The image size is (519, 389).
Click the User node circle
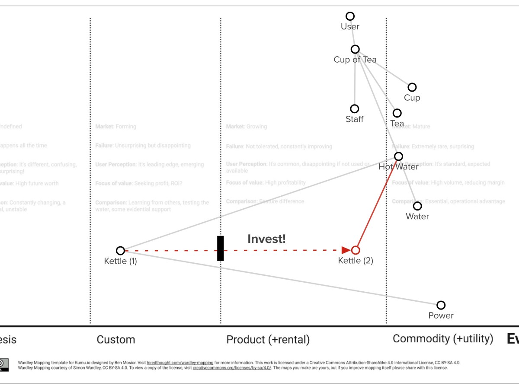pyautogui.click(x=350, y=16)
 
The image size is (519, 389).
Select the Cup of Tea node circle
pyautogui.click(x=355, y=49)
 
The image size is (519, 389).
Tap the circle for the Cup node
pyautogui.click(x=412, y=87)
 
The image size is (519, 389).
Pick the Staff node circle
pyautogui.click(x=355, y=109)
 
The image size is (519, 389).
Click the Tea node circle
pyautogui.click(x=397, y=113)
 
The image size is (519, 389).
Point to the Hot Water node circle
pyautogui.click(x=399, y=156)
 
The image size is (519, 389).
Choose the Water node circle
pyautogui.click(x=417, y=206)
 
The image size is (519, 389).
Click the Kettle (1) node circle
pyautogui.click(x=121, y=251)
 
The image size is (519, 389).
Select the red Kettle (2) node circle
pyautogui.click(x=356, y=250)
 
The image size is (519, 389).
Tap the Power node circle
pyautogui.click(x=441, y=305)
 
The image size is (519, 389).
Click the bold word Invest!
pyautogui.click(x=266, y=239)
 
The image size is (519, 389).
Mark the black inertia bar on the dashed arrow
pyautogui.click(x=221, y=249)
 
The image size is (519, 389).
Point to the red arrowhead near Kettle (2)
pyautogui.click(x=346, y=250)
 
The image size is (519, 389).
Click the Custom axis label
pyautogui.click(x=116, y=340)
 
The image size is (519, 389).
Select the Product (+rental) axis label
pyautogui.click(x=268, y=340)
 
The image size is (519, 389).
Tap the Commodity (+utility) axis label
pyautogui.click(x=443, y=339)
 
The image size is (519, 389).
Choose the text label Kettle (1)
pyautogui.click(x=121, y=261)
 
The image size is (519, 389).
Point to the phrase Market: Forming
pyautogui.click(x=116, y=127)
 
